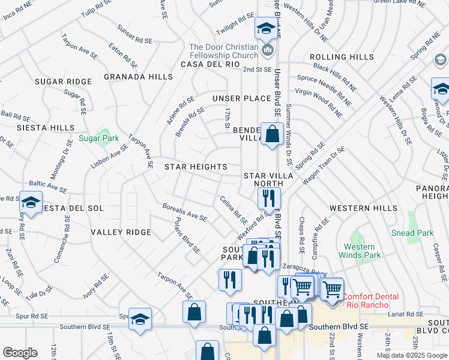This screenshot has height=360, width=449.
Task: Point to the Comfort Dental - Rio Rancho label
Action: [375, 300]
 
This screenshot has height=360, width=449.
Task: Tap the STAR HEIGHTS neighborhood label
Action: [196, 167]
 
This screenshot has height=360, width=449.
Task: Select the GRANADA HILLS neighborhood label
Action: [138, 77]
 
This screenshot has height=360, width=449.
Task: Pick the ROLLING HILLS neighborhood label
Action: [342, 57]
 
